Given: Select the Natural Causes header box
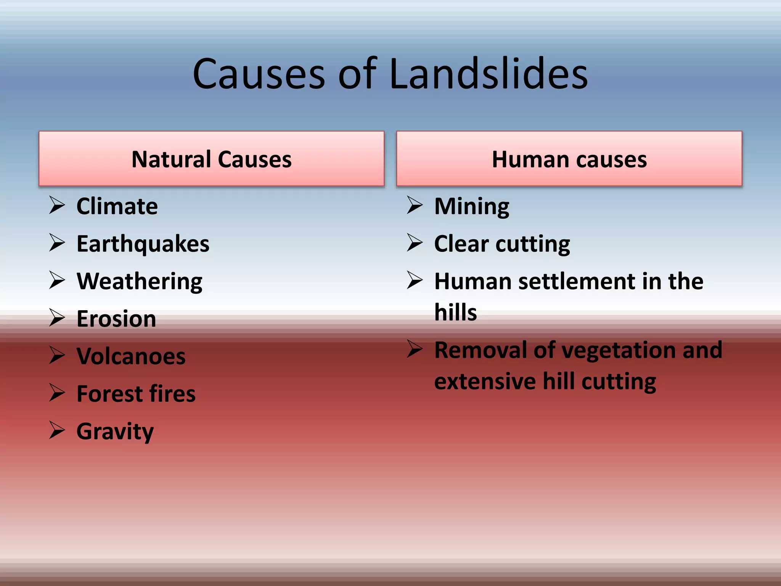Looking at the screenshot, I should (x=211, y=159).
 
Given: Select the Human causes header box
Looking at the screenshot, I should (x=569, y=159).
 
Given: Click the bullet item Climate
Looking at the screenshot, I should (x=117, y=206).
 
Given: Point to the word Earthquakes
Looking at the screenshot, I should (x=143, y=244).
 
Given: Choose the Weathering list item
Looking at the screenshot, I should (x=139, y=282).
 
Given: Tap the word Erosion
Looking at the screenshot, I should (x=116, y=319).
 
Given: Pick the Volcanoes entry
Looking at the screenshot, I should (x=131, y=356).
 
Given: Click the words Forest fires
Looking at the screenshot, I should (x=136, y=394).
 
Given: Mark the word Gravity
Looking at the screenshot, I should (x=115, y=431).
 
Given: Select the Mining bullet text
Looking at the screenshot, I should (x=471, y=206).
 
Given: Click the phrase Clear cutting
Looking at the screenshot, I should (x=502, y=244).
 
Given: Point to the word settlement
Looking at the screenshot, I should (x=577, y=282).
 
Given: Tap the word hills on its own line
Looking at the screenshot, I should (x=455, y=312).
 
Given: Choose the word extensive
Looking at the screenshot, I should (x=485, y=381).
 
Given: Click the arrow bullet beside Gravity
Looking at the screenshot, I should (x=57, y=430).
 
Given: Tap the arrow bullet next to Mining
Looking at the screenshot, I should (x=415, y=205).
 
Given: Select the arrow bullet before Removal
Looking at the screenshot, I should (x=415, y=348).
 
